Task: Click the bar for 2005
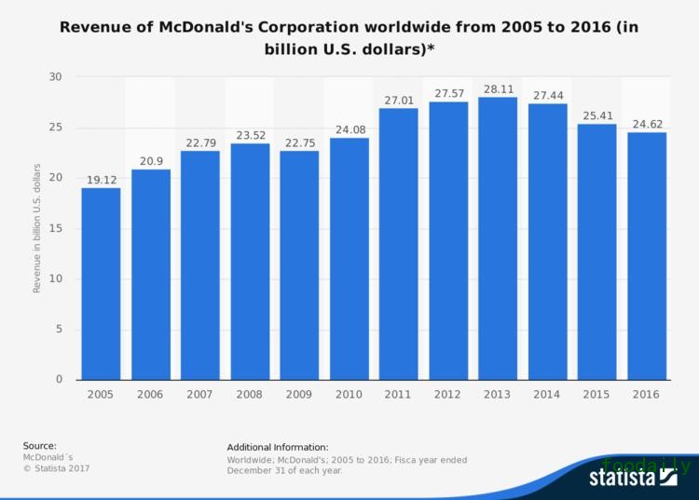pos(100,283)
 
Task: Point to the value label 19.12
pos(100,180)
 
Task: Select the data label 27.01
pos(397,100)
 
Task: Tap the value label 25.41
pos(596,115)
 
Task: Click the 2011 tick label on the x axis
pos(397,394)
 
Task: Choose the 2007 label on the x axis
pos(199,394)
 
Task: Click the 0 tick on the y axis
pos(58,379)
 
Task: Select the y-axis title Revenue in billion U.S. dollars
pos(37,228)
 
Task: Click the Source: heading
pos(40,446)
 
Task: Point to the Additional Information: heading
pos(278,447)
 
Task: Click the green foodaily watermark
pos(646,466)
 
